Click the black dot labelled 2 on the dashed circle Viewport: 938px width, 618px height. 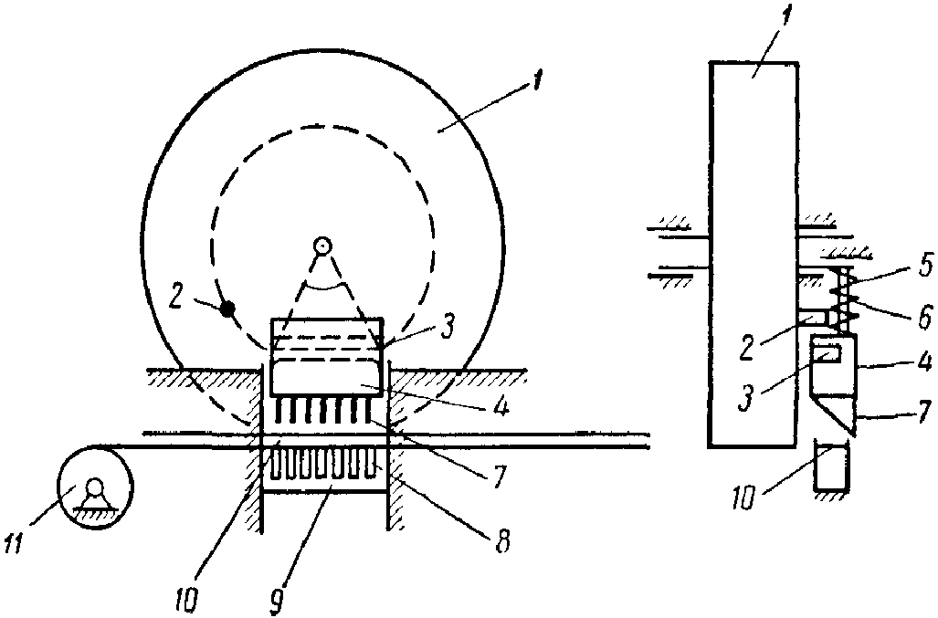227,309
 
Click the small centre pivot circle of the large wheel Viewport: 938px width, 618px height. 322,245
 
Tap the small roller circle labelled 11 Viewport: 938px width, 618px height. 94,487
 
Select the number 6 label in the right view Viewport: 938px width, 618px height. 925,314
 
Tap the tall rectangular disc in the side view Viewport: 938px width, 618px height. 754,254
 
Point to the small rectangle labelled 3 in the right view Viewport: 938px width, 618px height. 827,355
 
